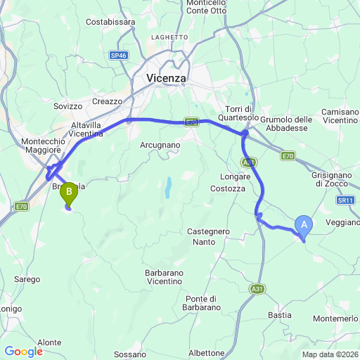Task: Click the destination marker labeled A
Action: [304, 224]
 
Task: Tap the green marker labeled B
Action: [69, 191]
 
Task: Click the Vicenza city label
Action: [167, 79]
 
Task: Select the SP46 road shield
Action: [119, 54]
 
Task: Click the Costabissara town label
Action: [110, 22]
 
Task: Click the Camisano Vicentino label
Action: [340, 116]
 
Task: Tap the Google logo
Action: [23, 352]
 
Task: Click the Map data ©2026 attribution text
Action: [330, 354]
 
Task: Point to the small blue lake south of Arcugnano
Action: [168, 188]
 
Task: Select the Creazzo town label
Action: [107, 101]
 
